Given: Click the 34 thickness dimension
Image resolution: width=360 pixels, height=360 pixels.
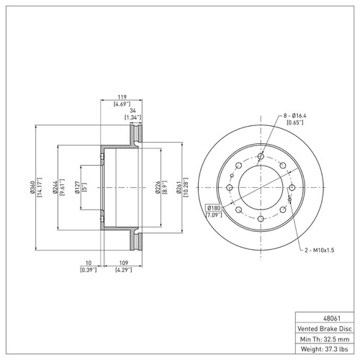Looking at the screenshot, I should (132, 109).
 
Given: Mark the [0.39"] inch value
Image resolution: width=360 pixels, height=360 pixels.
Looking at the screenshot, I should (89, 271).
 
